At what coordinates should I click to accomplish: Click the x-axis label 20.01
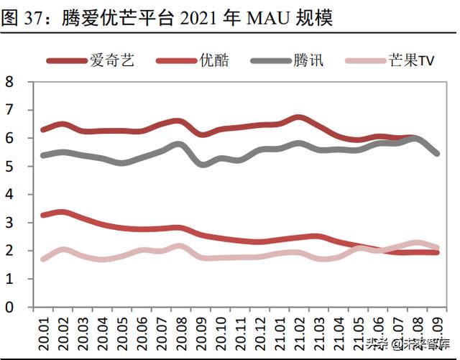tap(44, 331)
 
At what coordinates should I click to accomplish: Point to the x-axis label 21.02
tap(300, 331)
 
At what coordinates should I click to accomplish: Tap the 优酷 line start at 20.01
tap(43, 215)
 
